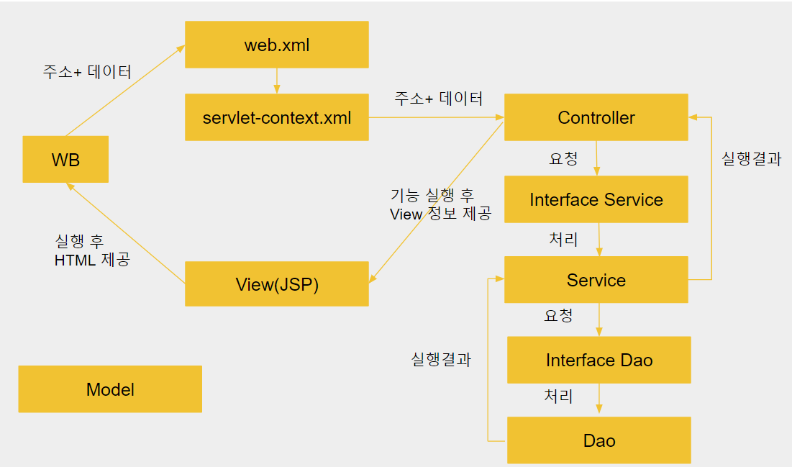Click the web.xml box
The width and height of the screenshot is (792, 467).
pos(277,45)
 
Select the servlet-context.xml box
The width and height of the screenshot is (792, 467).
pos(277,117)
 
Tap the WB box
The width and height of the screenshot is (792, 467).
pos(65,159)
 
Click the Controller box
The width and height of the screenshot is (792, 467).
pos(596,117)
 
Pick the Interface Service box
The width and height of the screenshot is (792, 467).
pos(596,199)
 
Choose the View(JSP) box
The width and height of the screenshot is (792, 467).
pos(277,284)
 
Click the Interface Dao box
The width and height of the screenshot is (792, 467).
pos(599,360)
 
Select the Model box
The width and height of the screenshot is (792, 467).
pos(110,389)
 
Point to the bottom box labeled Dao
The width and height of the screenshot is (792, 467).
pos(599,440)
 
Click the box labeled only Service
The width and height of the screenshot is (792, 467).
pos(596,280)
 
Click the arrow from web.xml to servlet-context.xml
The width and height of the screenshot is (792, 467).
pos(277,81)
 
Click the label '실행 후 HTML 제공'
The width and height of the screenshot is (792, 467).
pos(92,250)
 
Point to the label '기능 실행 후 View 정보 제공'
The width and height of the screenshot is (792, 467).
pos(440,204)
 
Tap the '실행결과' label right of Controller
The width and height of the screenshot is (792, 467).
pos(752,159)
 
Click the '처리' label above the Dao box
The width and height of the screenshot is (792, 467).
pos(558,396)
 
